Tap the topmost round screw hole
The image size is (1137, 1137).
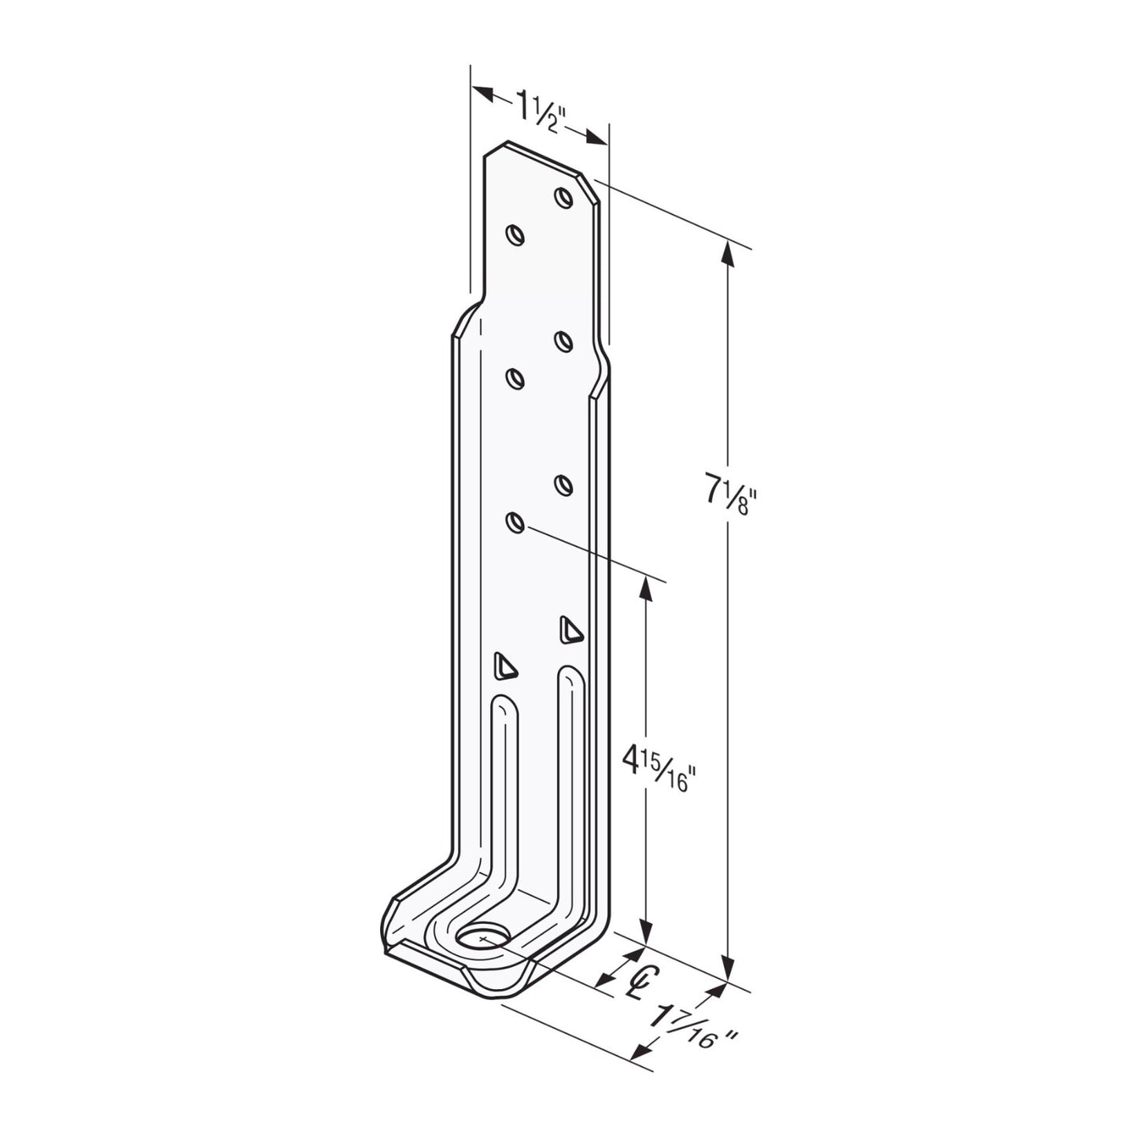[563, 197]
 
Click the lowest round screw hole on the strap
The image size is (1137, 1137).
[515, 522]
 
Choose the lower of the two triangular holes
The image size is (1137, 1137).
[504, 666]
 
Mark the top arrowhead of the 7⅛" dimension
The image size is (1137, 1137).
[728, 253]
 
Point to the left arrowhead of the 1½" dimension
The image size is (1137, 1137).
[482, 92]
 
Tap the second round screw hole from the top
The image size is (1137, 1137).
[515, 234]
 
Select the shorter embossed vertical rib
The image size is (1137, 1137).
[504, 787]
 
